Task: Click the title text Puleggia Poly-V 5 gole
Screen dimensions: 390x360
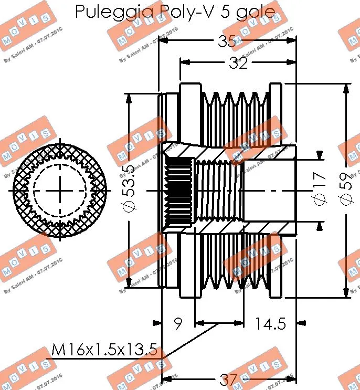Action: point(175,12)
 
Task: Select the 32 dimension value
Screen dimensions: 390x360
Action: point(237,63)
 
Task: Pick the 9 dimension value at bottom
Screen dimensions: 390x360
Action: point(178,324)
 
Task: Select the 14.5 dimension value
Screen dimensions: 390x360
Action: point(270,324)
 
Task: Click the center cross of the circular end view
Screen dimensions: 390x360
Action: point(60,189)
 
